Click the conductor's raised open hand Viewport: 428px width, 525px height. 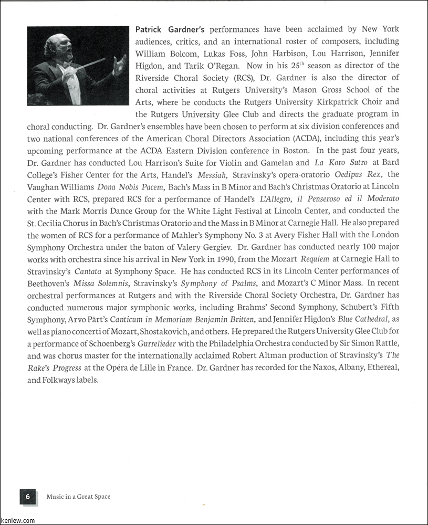(118, 66)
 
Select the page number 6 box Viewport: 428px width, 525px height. (28, 496)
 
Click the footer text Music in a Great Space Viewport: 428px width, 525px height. (78, 496)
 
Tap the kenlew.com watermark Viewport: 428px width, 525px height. (18, 520)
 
